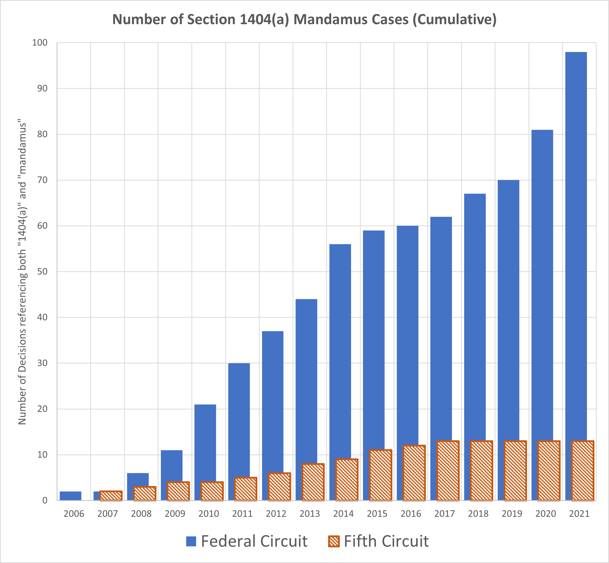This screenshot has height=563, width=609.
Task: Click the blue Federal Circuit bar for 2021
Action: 576,244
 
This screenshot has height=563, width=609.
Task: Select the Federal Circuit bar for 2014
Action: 340,350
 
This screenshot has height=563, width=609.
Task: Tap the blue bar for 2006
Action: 70,496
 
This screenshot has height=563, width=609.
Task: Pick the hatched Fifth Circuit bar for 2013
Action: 313,482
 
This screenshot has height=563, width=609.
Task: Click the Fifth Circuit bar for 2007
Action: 111,496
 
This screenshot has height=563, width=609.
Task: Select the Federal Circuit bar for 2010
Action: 205,442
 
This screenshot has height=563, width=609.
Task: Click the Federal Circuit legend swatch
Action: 191,541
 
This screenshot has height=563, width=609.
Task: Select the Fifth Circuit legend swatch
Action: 334,541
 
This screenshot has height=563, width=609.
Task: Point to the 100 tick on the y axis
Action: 40,43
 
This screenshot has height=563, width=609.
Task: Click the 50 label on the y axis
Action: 42,271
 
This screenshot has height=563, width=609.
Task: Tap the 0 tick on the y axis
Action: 45,500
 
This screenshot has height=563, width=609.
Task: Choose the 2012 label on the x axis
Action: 276,514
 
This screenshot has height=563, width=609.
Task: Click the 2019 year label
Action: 512,514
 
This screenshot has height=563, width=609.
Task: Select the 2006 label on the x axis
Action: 74,514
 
